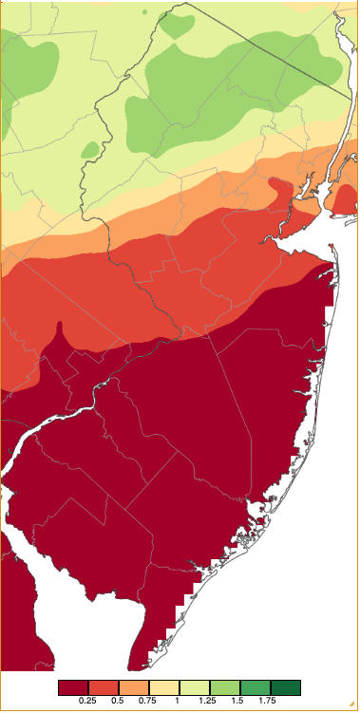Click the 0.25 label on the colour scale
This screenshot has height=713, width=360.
point(87,700)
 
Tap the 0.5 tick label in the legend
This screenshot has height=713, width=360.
point(118,700)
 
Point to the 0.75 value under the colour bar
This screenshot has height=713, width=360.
point(148,700)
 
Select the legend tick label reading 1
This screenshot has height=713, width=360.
point(179,700)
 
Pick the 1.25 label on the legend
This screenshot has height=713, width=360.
point(209,700)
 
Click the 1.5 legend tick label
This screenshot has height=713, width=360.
point(239,700)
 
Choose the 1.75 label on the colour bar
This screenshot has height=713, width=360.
point(270,700)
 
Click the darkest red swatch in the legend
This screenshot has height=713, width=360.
point(72,686)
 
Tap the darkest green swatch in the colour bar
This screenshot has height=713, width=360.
point(286,686)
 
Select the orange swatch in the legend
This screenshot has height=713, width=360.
point(133,686)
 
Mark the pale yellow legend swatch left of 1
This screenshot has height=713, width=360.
point(163,686)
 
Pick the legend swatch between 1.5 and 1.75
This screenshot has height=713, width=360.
point(255,686)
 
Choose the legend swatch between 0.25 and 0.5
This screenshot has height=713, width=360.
point(103,686)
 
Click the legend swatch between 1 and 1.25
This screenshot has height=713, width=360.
point(194,686)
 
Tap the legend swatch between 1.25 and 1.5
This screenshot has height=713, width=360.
point(224,686)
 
